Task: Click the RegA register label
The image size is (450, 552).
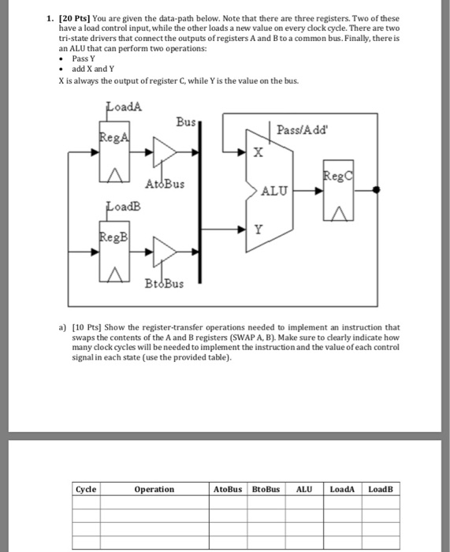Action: [x=111, y=138]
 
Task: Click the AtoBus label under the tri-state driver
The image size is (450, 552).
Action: [x=165, y=185]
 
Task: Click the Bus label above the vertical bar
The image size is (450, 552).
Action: [x=185, y=123]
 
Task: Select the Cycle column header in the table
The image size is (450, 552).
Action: [x=86, y=489]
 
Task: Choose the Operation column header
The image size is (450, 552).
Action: [x=154, y=489]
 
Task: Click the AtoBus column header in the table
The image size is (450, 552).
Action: [x=228, y=489]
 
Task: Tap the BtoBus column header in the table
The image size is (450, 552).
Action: [x=266, y=489]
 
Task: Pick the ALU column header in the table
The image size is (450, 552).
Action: [x=303, y=489]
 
